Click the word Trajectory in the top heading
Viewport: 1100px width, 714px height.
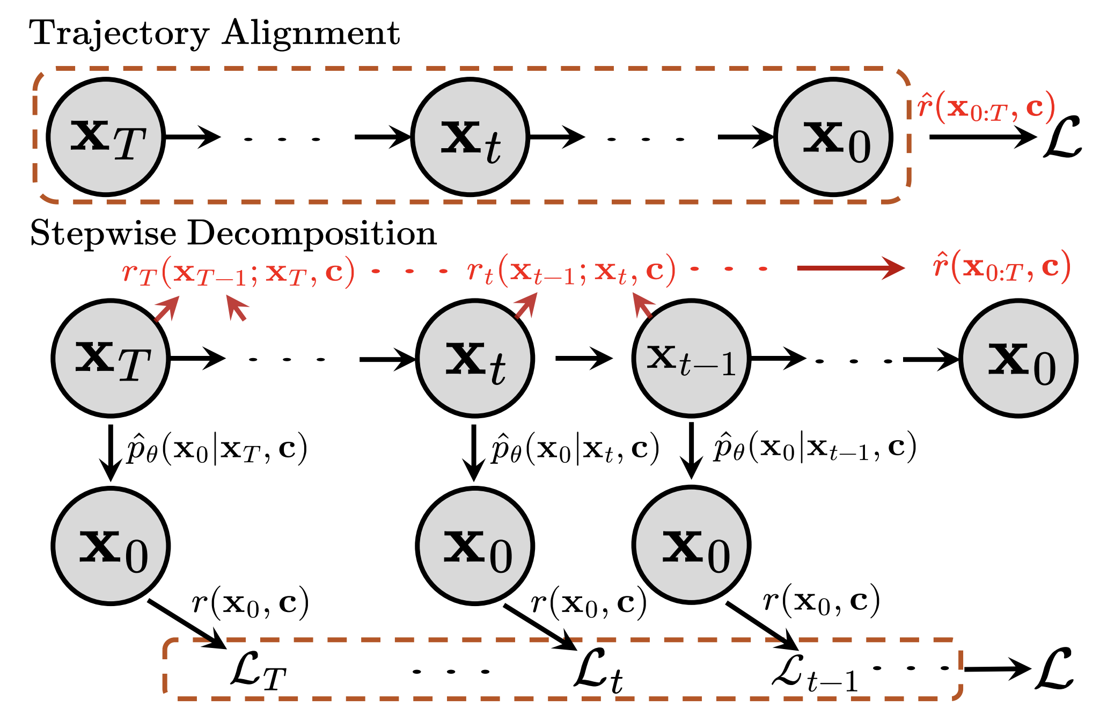click(x=119, y=34)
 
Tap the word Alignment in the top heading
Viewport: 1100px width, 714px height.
click(x=311, y=33)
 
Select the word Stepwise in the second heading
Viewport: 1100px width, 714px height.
click(x=102, y=234)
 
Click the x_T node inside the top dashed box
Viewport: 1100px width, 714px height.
click(x=106, y=137)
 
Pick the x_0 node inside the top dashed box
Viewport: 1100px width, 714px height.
click(x=833, y=137)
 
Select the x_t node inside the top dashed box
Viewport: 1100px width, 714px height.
click(x=470, y=137)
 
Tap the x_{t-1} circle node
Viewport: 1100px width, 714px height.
click(x=691, y=359)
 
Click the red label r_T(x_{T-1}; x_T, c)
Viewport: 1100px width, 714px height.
click(x=238, y=272)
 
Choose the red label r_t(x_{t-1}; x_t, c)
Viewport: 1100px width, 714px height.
click(x=571, y=272)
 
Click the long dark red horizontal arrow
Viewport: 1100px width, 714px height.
click(x=850, y=268)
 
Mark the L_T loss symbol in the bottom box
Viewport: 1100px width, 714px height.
click(x=258, y=672)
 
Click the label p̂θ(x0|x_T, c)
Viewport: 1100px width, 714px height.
click(x=216, y=449)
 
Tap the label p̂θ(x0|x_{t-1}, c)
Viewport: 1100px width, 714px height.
click(x=815, y=449)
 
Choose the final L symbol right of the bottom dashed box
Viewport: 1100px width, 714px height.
click(x=1054, y=669)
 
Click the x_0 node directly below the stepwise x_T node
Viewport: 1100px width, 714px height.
click(x=111, y=546)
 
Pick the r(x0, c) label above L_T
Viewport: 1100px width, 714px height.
click(x=250, y=602)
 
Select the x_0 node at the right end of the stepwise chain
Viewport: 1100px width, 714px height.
click(x=1018, y=359)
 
